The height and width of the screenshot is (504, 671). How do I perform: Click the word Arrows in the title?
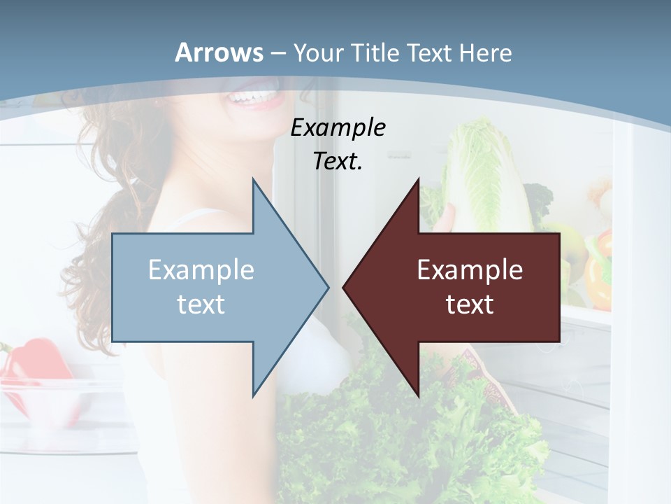pos(219,52)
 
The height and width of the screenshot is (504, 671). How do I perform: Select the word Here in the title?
pos(485,53)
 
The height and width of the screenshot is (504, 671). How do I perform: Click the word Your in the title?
pos(317,53)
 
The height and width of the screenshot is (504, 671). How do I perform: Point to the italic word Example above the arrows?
pos(338,128)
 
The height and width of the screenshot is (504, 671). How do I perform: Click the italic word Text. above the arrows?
pos(338,162)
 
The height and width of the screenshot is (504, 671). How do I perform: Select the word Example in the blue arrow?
pos(201,269)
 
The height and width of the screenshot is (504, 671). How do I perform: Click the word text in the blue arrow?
pos(201,304)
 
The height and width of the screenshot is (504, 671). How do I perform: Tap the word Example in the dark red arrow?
pos(470,269)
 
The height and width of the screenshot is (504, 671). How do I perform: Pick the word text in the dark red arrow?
pos(470,304)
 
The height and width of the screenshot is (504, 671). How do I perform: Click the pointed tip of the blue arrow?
pos(327,287)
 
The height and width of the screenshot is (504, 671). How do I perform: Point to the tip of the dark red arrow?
pos(344,287)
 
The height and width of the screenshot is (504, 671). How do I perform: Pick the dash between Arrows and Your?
pos(277,53)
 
